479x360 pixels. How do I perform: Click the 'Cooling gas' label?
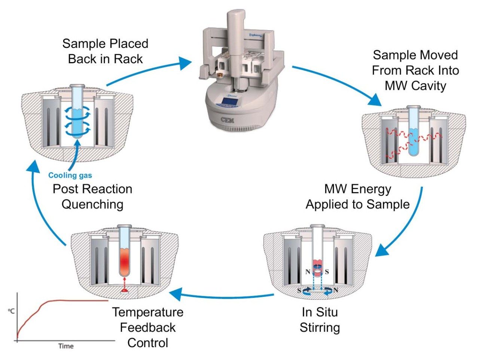(x=70, y=175)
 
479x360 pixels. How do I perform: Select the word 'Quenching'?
(x=92, y=204)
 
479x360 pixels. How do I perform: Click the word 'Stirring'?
(x=320, y=327)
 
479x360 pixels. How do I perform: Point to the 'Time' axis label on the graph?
(x=66, y=346)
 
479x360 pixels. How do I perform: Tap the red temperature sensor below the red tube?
(x=124, y=291)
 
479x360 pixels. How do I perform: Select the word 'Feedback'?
(x=147, y=327)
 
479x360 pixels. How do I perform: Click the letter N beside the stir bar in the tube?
(x=308, y=272)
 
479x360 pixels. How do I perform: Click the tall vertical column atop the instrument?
(x=235, y=34)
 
